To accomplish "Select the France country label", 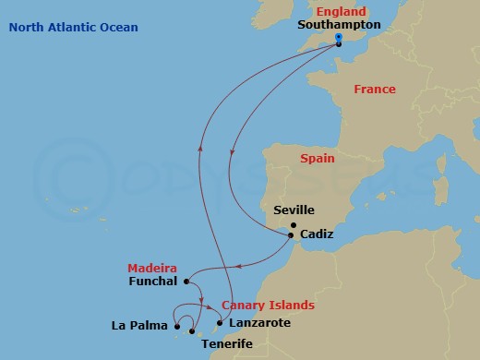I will pyautogui.click(x=375, y=90).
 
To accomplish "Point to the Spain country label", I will pyautogui.click(x=318, y=159).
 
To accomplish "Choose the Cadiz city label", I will pyautogui.click(x=317, y=235).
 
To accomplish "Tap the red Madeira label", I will pyautogui.click(x=151, y=268).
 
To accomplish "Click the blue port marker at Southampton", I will pyautogui.click(x=339, y=40).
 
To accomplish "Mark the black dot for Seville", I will pyautogui.click(x=294, y=225).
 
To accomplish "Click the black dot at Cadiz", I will pyautogui.click(x=294, y=235).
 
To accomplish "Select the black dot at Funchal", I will pyautogui.click(x=186, y=282).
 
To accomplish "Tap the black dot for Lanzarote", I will pyautogui.click(x=219, y=323).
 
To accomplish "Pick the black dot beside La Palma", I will pyautogui.click(x=176, y=325).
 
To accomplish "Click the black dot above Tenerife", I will pyautogui.click(x=192, y=330).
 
